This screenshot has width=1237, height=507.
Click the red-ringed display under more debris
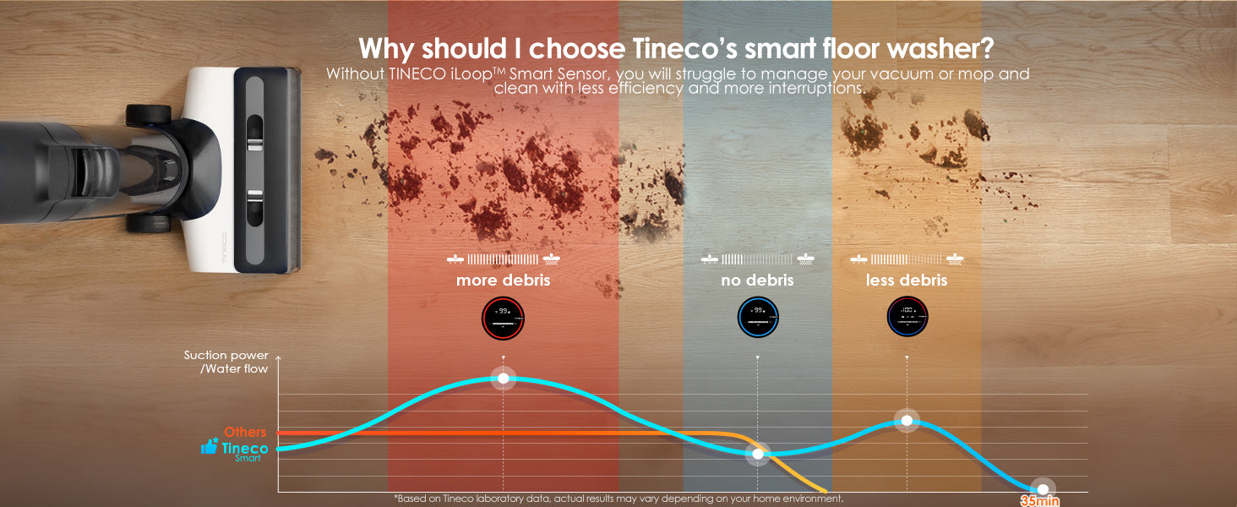point(503,318)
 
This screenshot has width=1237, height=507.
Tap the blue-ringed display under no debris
point(758,318)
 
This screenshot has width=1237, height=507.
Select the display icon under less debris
point(907,318)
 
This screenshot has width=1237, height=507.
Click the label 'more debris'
point(503,280)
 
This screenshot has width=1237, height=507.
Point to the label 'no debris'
point(758,280)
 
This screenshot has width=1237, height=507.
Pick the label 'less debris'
point(907,280)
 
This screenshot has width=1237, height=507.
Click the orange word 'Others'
point(245,432)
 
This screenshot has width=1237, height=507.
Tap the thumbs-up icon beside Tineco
point(209,447)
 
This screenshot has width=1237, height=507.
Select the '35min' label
point(1039,500)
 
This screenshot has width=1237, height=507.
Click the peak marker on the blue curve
point(504,378)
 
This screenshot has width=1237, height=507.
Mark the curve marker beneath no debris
point(758,454)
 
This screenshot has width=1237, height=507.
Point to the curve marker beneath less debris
point(907,420)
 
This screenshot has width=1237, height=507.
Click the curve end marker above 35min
point(1043,489)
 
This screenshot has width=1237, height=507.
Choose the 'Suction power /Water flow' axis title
point(226,362)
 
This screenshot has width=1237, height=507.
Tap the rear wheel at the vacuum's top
point(149,115)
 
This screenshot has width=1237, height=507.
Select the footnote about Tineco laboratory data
point(618,499)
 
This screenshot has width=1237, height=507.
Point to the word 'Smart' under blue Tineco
point(248,458)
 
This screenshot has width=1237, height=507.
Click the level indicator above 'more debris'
point(503,259)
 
